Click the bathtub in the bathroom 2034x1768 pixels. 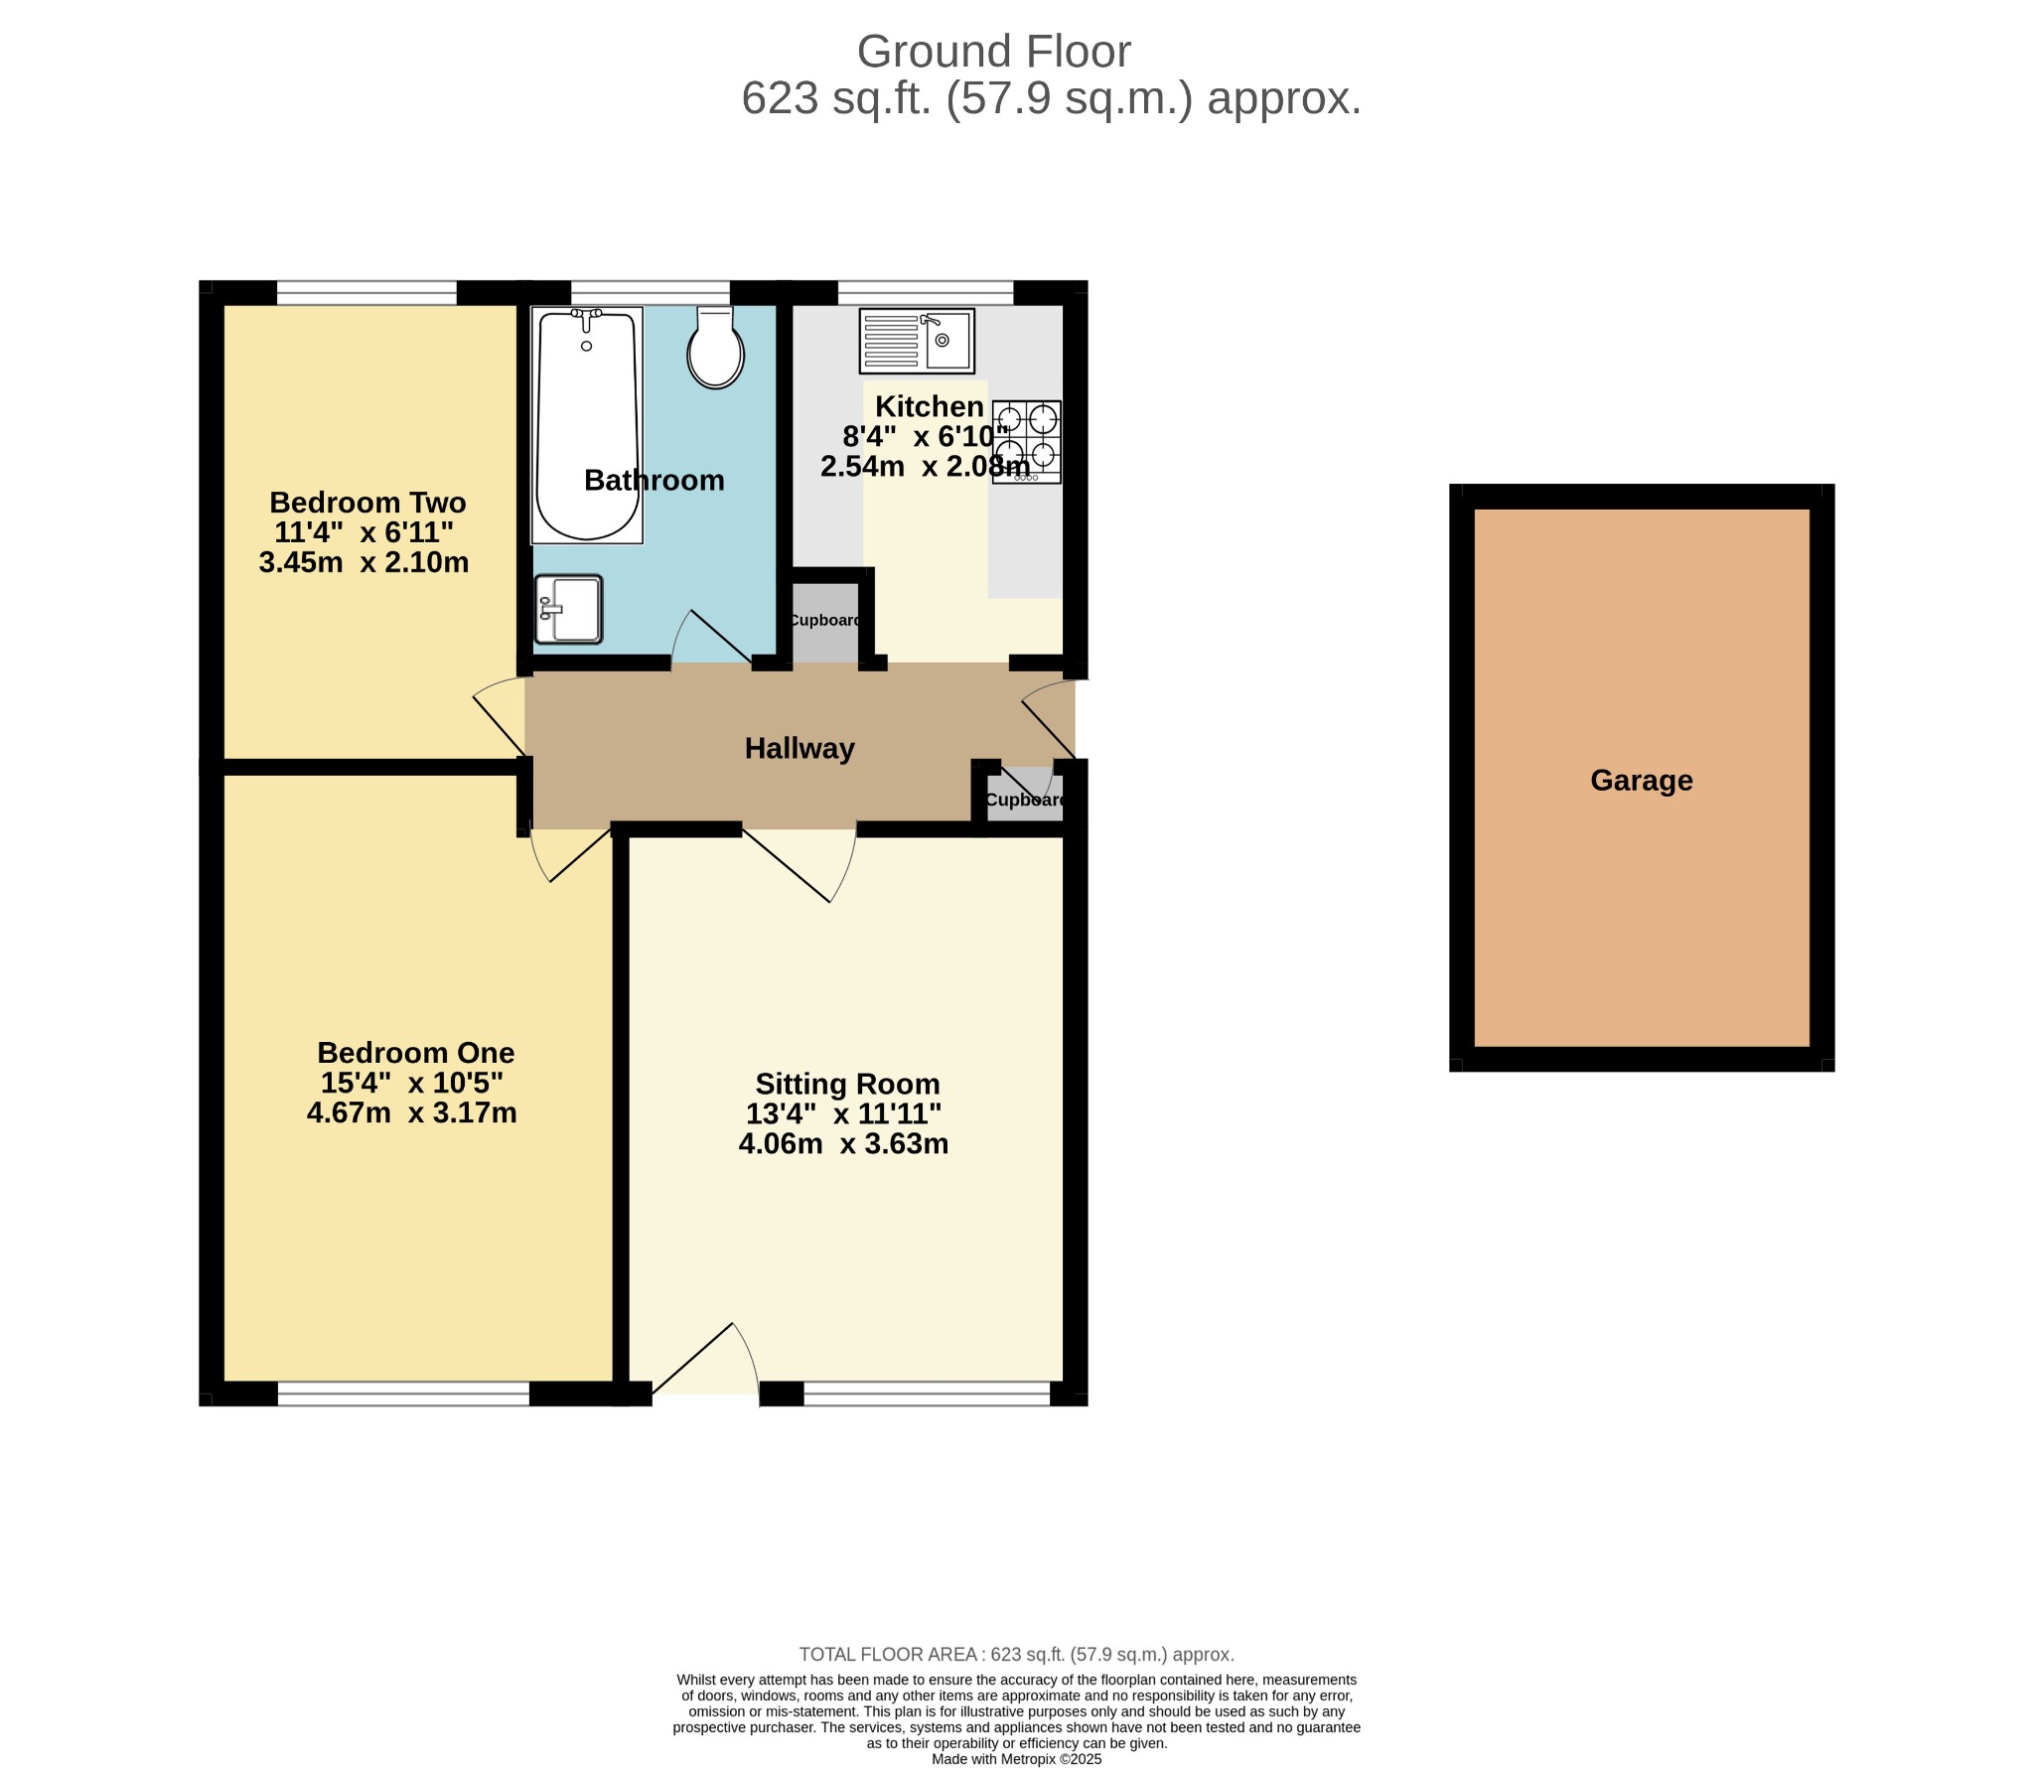587,425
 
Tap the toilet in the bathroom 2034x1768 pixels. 715,347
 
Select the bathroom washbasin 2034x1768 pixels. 568,609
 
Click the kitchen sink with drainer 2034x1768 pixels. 917,341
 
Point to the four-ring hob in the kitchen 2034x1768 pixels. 1026,442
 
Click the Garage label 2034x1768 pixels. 1642,781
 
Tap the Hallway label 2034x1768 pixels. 799,748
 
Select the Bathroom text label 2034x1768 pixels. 654,480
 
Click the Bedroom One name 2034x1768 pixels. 416,1052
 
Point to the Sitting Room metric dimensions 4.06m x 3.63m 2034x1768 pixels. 843,1143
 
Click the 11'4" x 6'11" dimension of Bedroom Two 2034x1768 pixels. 364,532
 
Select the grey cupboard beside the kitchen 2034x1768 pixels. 825,620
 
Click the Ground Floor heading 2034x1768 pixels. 993,52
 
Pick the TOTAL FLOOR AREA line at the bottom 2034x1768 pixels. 1017,1654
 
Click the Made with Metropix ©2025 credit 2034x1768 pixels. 1017,1758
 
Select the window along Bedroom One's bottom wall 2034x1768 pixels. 403,1394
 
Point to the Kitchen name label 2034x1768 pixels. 930,406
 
